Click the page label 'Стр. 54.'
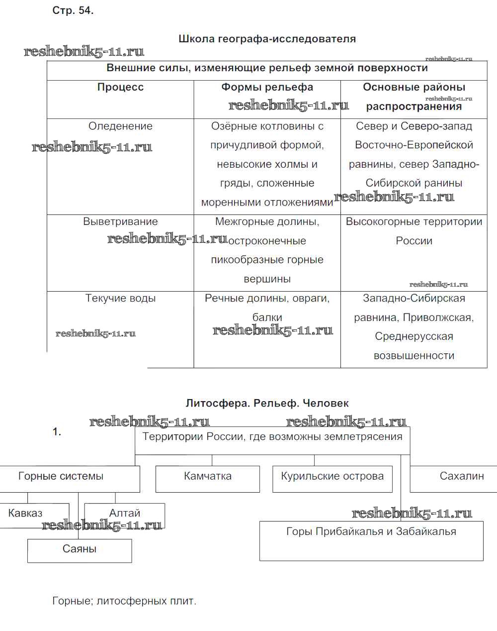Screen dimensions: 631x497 (73, 10)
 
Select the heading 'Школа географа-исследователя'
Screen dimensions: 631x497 (267, 39)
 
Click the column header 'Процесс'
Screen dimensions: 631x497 (120, 87)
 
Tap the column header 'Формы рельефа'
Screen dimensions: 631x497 (267, 87)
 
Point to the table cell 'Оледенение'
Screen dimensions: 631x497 (120, 126)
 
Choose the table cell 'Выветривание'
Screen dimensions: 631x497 (120, 221)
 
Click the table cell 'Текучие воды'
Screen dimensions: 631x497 (120, 298)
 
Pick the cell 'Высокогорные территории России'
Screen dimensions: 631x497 (414, 231)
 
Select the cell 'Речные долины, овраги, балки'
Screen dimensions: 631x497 (267, 308)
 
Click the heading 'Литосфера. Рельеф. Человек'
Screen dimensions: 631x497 (267, 403)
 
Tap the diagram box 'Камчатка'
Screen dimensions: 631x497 (208, 476)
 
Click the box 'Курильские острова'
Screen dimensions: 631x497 (332, 476)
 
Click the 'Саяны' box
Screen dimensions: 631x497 (80, 549)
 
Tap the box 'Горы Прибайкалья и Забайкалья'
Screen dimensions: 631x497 (371, 531)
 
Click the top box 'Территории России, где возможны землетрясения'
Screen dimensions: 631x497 (272, 437)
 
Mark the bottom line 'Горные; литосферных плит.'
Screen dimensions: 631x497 (124, 601)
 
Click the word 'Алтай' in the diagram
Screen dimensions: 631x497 (125, 513)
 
